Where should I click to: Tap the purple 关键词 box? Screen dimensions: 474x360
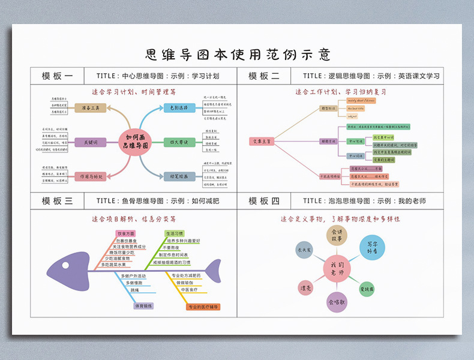click(x=91, y=142)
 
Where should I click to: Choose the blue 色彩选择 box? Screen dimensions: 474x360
click(x=179, y=108)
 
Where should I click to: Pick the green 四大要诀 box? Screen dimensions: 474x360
click(x=179, y=142)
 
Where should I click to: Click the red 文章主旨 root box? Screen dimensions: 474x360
click(x=262, y=142)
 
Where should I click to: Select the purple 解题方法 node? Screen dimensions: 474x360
click(x=329, y=142)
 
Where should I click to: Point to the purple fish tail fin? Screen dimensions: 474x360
click(x=213, y=271)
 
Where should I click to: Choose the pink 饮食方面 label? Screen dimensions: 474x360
click(x=126, y=233)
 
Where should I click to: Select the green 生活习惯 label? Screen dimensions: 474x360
click(x=174, y=233)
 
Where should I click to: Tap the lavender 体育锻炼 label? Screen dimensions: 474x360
click(x=143, y=305)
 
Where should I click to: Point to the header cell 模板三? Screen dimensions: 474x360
click(x=58, y=201)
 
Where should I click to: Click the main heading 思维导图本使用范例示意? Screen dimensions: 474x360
click(x=238, y=55)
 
